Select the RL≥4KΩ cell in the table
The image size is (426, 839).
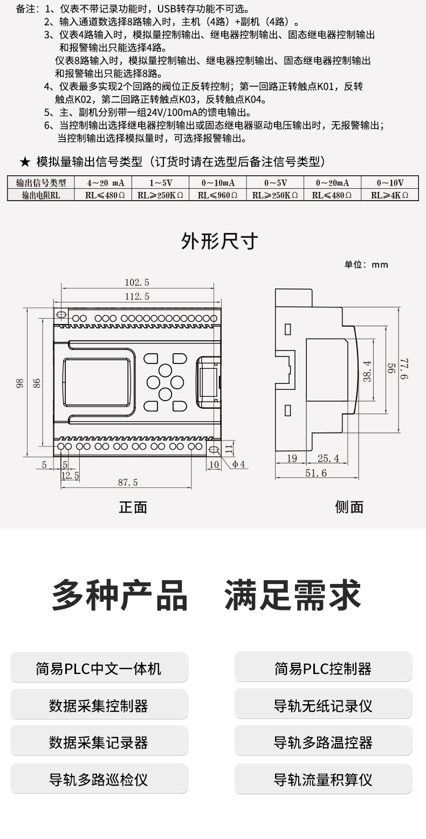point(390,195)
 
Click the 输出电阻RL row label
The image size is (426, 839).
point(40,195)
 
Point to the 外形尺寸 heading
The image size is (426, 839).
point(219,241)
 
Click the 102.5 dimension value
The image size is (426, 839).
point(137,282)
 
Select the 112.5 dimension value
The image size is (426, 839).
point(137,297)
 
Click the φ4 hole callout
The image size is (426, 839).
point(239,464)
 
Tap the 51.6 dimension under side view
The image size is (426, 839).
point(316,473)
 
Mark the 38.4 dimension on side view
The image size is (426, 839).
point(367,371)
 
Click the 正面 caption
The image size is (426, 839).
point(133,507)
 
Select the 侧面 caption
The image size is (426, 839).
point(349,507)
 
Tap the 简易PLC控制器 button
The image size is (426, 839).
point(323,669)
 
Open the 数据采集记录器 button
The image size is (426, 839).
point(99,742)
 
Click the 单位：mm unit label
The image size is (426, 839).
point(366,264)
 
